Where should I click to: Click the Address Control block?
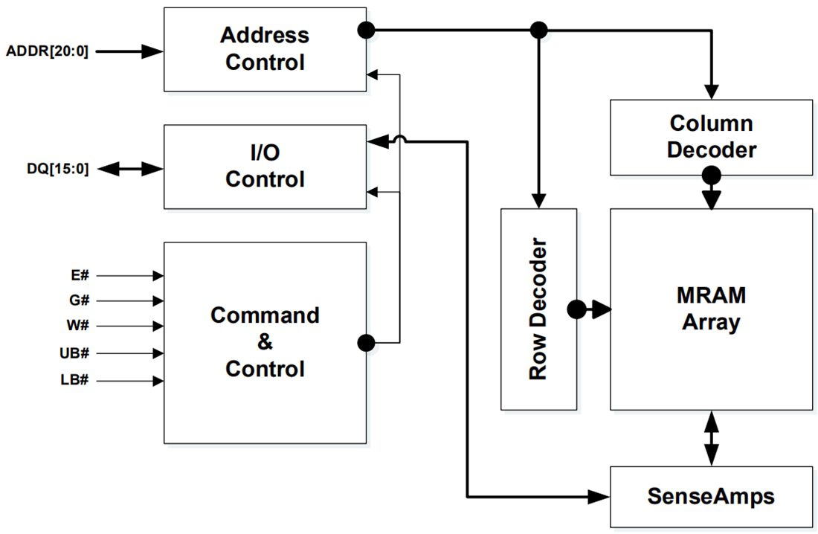tap(265, 49)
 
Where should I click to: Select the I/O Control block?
tap(265, 166)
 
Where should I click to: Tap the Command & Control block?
tap(265, 342)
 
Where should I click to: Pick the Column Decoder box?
tap(711, 137)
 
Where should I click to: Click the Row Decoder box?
tap(538, 309)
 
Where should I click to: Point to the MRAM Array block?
tap(711, 309)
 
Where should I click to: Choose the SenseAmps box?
tap(711, 496)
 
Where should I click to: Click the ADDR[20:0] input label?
tap(47, 51)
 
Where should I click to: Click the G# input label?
tap(80, 301)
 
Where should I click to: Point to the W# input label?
tap(80, 326)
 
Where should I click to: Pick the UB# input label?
tap(77, 353)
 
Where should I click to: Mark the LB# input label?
tap(77, 380)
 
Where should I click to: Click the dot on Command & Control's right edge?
tap(365, 342)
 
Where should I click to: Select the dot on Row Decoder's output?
tap(576, 309)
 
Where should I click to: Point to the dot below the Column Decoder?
tap(712, 176)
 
